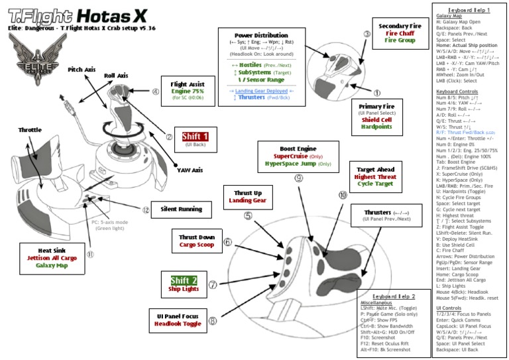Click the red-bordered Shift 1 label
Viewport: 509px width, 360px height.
click(x=196, y=137)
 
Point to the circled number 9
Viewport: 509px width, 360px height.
click(x=299, y=178)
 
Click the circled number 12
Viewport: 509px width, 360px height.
click(x=146, y=210)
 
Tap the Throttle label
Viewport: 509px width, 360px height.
click(x=30, y=130)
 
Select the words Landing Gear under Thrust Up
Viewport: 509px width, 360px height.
click(x=247, y=200)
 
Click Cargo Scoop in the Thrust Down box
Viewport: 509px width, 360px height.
click(x=196, y=245)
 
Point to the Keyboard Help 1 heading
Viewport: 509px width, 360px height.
click(x=469, y=11)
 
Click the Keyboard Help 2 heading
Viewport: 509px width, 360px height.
click(x=394, y=296)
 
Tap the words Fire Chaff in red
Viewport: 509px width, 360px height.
click(x=400, y=33)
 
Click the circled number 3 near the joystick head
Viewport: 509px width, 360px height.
click(x=367, y=34)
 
